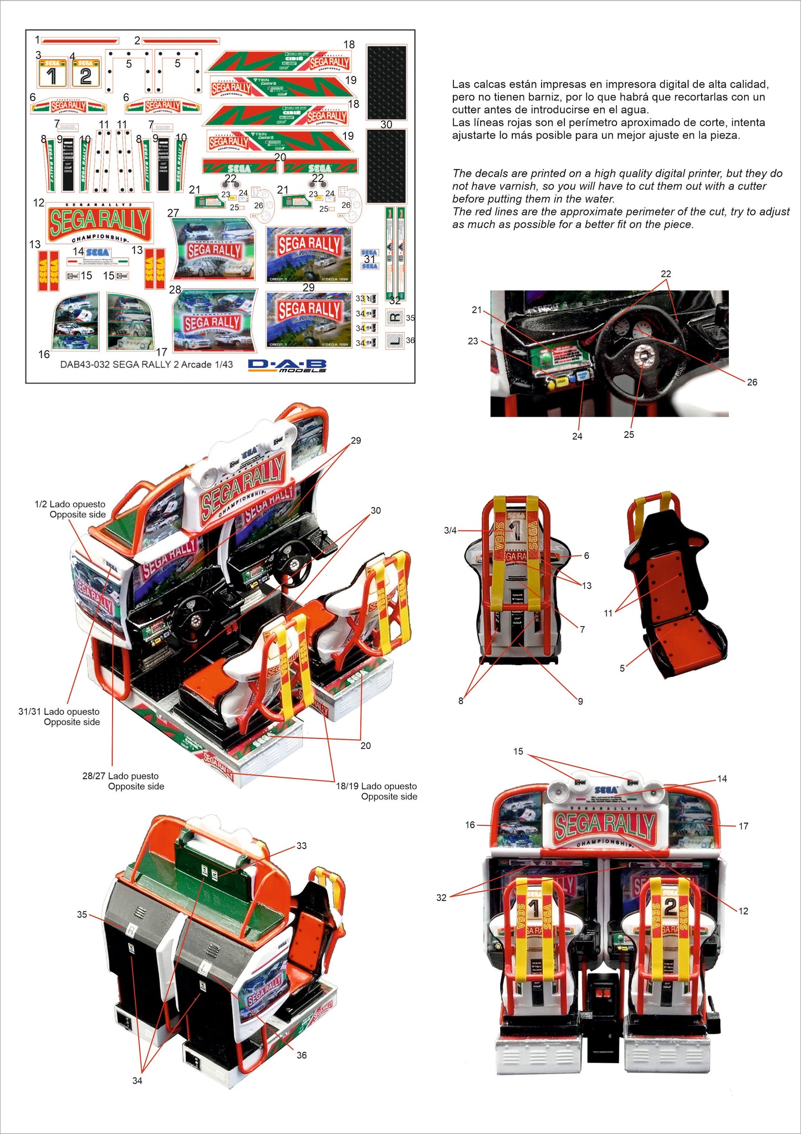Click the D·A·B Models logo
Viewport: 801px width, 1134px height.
287,365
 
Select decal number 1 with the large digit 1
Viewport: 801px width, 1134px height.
52,73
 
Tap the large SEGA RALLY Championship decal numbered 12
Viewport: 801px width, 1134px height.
100,222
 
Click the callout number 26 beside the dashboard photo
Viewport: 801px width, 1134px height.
752,382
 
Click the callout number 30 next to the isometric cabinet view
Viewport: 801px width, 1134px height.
376,510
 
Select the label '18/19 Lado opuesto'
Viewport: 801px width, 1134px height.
376,786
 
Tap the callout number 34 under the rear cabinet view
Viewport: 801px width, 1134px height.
137,1081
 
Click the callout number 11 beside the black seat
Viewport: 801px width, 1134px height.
608,613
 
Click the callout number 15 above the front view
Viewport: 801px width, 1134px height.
518,752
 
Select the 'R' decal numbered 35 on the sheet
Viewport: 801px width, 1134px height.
395,318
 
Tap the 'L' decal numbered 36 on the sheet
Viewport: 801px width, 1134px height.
395,340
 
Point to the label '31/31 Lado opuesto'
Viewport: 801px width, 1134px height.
59,712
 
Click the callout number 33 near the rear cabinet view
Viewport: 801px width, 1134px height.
301,846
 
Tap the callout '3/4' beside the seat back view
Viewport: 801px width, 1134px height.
450,530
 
